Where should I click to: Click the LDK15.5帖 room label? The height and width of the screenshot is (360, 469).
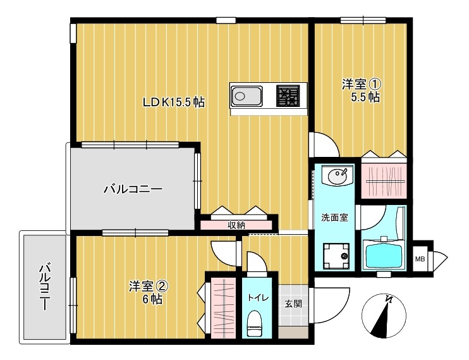click(173, 102)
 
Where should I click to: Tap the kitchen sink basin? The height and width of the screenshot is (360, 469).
click(246, 97)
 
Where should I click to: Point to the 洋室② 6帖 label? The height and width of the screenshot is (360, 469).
click(149, 292)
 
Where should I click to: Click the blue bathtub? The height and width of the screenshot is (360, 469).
click(386, 255)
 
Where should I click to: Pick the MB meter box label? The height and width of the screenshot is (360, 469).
click(419, 258)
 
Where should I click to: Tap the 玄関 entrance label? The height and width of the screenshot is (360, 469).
click(293, 304)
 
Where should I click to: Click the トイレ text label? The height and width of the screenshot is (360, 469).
click(257, 297)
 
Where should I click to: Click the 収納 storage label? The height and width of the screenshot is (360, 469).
click(236, 225)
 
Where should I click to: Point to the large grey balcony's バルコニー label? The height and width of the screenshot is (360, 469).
click(132, 189)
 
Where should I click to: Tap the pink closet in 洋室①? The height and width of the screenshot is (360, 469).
click(384, 180)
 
